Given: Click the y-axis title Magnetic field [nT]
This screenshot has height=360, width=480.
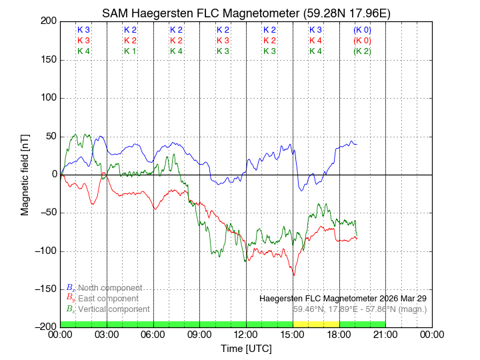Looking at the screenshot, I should click(25, 173).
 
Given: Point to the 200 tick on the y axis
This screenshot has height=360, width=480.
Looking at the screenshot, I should click(47, 21).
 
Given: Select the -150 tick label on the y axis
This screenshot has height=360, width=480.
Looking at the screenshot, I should click(45, 289).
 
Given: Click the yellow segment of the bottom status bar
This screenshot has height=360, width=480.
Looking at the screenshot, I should click(316, 324).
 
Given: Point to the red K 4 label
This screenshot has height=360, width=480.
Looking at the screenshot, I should click(315, 41).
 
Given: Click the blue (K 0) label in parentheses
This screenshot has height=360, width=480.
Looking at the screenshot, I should click(362, 30).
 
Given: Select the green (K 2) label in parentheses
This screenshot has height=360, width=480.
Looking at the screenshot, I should click(362, 51).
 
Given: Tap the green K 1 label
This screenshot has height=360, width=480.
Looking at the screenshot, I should click(130, 51).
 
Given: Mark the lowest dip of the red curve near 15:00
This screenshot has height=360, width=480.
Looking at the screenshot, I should click(293, 275).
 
